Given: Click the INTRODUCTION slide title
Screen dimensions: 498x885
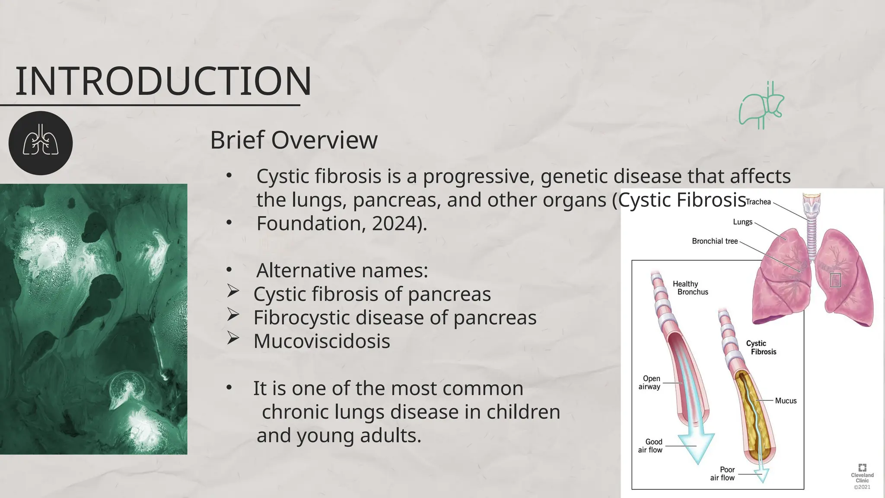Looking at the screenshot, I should tap(163, 82).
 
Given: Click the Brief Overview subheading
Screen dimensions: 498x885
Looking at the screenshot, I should tap(293, 140).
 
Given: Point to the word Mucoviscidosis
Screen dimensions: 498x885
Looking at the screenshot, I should tap(322, 341).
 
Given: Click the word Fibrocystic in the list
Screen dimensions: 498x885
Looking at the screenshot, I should tap(301, 318).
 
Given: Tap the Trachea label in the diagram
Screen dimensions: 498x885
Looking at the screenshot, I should tap(758, 202).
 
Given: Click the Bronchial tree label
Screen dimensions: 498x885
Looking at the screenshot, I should tap(714, 241).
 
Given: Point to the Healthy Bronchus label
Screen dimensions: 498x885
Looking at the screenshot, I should tap(690, 288).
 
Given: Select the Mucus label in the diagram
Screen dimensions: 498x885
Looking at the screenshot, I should tap(785, 401).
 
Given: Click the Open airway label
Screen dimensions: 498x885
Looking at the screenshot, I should tap(650, 383).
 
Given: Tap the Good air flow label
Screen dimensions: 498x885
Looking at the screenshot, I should tap(650, 446).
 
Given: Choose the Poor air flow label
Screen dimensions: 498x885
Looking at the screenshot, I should tap(723, 473).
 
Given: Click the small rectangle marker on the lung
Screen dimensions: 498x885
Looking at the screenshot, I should tap(835, 280).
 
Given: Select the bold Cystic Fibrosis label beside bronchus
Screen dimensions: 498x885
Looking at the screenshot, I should tap(761, 348).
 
